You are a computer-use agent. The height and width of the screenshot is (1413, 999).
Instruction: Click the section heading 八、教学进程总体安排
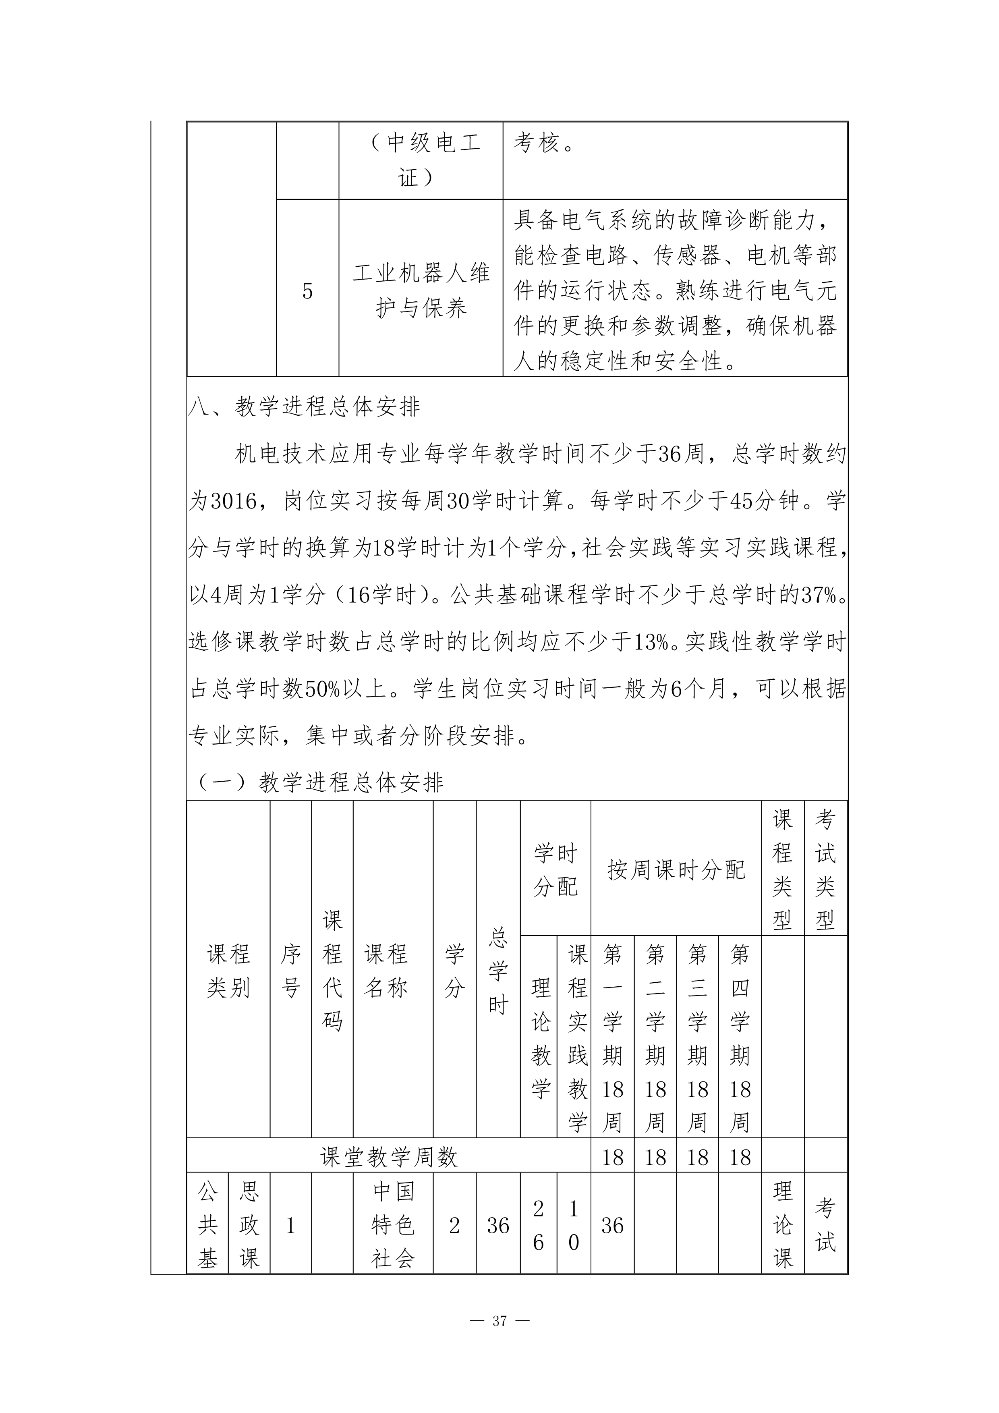(305, 407)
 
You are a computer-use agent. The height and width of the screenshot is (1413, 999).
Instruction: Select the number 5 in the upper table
(307, 291)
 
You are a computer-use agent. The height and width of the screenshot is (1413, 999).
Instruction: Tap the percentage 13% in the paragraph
(651, 643)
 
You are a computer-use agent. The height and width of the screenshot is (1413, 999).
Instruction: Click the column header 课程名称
(386, 971)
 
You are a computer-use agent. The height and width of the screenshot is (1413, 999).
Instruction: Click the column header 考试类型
(825, 869)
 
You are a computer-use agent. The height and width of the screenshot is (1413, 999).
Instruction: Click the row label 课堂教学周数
(389, 1158)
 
